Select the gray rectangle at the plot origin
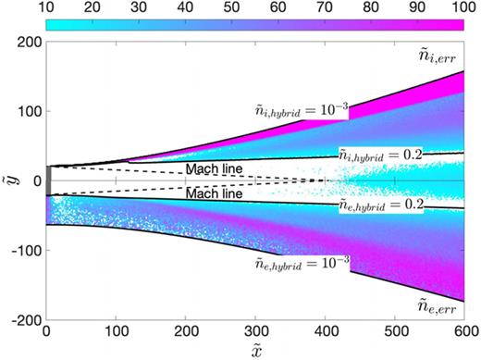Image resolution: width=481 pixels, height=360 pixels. click(x=49, y=181)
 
